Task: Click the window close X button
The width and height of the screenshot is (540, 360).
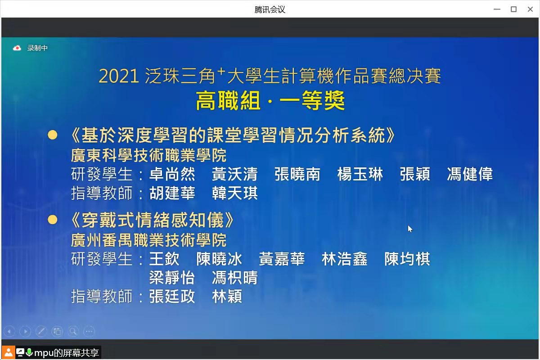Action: click(530, 9)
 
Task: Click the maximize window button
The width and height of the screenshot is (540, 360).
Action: click(513, 9)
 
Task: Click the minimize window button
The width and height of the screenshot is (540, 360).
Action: click(497, 9)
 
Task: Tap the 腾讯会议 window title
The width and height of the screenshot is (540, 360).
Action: click(270, 9)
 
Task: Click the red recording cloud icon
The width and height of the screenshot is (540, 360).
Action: click(17, 48)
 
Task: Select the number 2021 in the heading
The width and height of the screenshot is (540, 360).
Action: click(119, 76)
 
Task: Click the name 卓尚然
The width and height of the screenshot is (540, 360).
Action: click(172, 174)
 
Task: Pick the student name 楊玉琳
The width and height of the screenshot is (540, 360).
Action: click(360, 174)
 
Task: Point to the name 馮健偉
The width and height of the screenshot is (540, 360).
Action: click(470, 174)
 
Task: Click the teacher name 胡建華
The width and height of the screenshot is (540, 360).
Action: click(172, 193)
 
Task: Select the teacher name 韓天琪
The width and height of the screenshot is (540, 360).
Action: click(235, 193)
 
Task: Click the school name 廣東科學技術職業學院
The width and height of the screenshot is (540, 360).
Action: click(149, 155)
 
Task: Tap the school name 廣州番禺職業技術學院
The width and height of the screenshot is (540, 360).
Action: click(149, 240)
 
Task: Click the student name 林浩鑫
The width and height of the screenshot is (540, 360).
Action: click(345, 259)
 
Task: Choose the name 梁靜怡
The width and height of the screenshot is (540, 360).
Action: click(172, 278)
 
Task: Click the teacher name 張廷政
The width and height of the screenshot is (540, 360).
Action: click(172, 297)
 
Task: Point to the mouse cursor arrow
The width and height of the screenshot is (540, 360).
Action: click(410, 229)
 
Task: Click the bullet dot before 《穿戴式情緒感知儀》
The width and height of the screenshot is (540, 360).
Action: click(53, 220)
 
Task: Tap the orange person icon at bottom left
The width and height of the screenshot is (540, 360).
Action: click(9, 352)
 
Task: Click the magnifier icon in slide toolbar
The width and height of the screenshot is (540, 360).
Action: click(73, 331)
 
